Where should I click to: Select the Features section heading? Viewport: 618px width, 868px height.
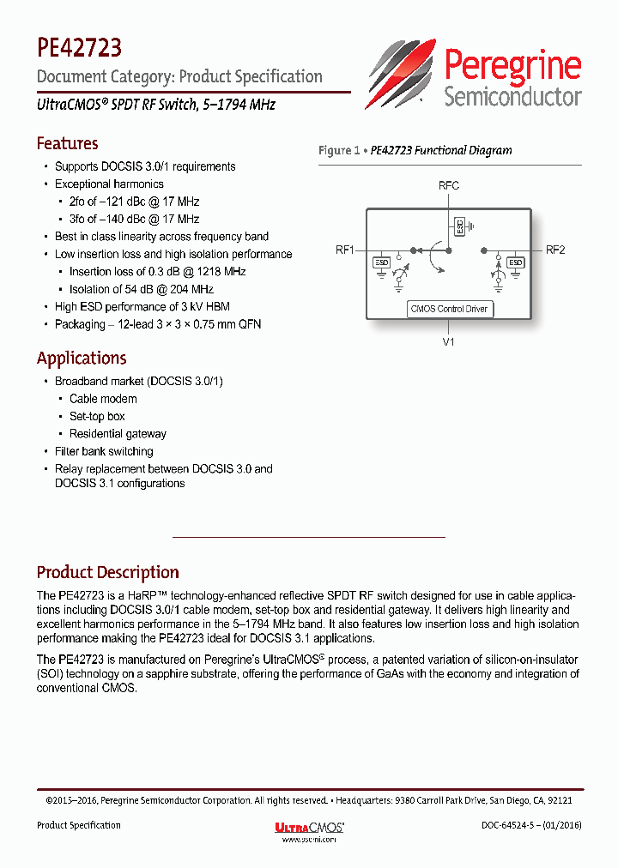(67, 143)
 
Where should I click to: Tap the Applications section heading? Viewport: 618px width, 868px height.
(82, 358)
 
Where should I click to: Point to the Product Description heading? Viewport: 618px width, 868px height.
(107, 572)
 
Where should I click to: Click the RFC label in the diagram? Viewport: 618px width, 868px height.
(448, 185)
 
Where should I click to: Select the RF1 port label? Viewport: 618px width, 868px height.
(345, 250)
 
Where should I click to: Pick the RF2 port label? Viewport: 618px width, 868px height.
(555, 250)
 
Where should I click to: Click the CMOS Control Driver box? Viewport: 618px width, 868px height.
(450, 309)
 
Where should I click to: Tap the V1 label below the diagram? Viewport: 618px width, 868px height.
(448, 341)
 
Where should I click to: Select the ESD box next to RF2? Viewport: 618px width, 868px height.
(516, 263)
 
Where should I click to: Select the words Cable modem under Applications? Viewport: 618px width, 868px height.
(103, 399)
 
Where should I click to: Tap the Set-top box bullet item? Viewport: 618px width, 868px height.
(97, 416)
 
